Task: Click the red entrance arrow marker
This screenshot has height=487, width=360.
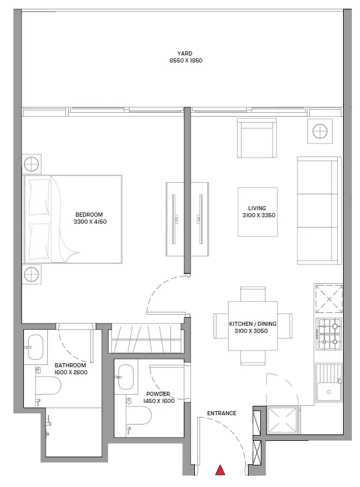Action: tap(221, 470)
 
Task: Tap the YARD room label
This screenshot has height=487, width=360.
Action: tap(185, 53)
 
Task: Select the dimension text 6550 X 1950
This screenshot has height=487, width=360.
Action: tap(185, 61)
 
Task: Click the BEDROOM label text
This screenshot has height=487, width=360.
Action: tap(89, 214)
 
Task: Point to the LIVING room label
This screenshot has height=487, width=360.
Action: tap(257, 208)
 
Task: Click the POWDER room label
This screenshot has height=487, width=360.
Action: tap(159, 394)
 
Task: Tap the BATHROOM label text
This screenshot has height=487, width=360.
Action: tap(70, 366)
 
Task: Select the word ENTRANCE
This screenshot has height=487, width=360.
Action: tap(222, 413)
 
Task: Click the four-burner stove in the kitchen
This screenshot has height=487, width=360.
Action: tap(329, 333)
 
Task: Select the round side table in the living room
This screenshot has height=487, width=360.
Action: tap(320, 131)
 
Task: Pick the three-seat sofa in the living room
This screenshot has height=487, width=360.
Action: tap(319, 210)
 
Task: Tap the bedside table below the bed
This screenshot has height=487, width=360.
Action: tap(32, 273)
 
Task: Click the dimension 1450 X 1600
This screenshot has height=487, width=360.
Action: tap(159, 401)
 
